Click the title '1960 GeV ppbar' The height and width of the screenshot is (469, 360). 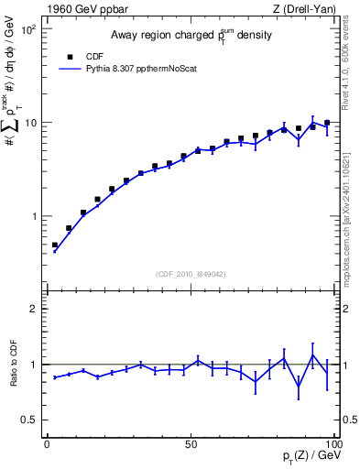tap(81, 10)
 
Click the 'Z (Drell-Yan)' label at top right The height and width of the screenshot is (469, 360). tap(302, 10)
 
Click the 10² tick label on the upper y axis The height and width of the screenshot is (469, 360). tap(27, 29)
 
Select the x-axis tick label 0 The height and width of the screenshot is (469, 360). tap(47, 443)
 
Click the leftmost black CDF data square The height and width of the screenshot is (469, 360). tap(54, 245)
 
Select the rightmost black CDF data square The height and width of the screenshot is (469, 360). tap(327, 123)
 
